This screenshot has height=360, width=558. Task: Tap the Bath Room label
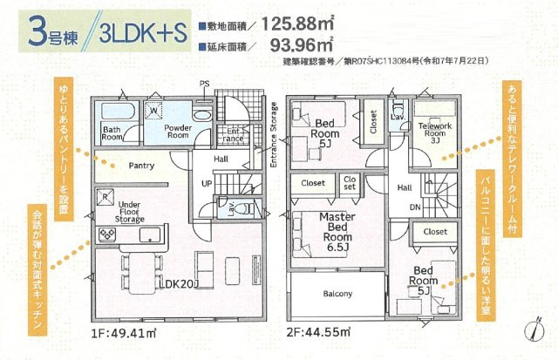tap(112, 133)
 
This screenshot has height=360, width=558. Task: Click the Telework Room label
tap(436, 132)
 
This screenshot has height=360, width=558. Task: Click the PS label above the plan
tap(205, 84)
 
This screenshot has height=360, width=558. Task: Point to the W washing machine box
tap(153, 112)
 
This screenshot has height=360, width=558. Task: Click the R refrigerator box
tap(105, 197)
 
